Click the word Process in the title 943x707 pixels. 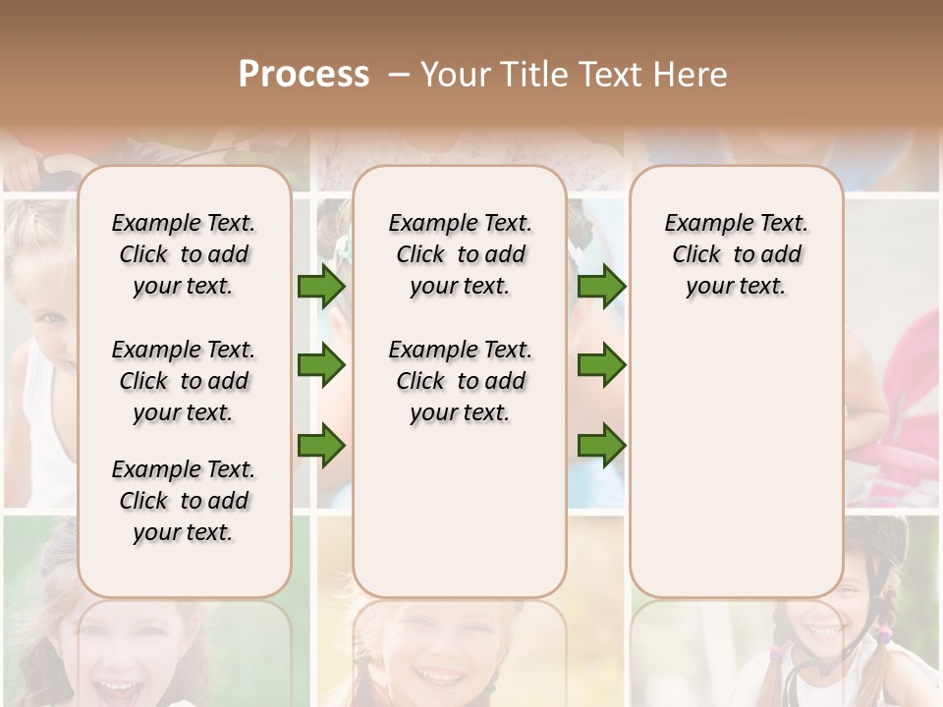[x=303, y=75]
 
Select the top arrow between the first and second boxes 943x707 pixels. [x=321, y=287]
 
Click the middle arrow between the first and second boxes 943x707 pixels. [x=321, y=365]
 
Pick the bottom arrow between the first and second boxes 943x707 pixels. [x=321, y=446]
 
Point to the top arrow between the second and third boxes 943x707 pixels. [x=601, y=287]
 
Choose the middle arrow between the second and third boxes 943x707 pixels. [x=601, y=365]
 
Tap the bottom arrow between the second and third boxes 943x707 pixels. [x=601, y=446]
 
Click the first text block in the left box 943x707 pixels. [x=184, y=254]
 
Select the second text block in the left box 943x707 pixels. [x=184, y=381]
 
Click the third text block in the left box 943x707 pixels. [x=184, y=501]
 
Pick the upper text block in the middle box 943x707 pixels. [x=460, y=254]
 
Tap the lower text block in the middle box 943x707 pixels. [x=460, y=381]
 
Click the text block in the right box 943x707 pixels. [x=736, y=254]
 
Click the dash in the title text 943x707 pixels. [x=400, y=75]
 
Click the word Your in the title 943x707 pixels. [x=452, y=75]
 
